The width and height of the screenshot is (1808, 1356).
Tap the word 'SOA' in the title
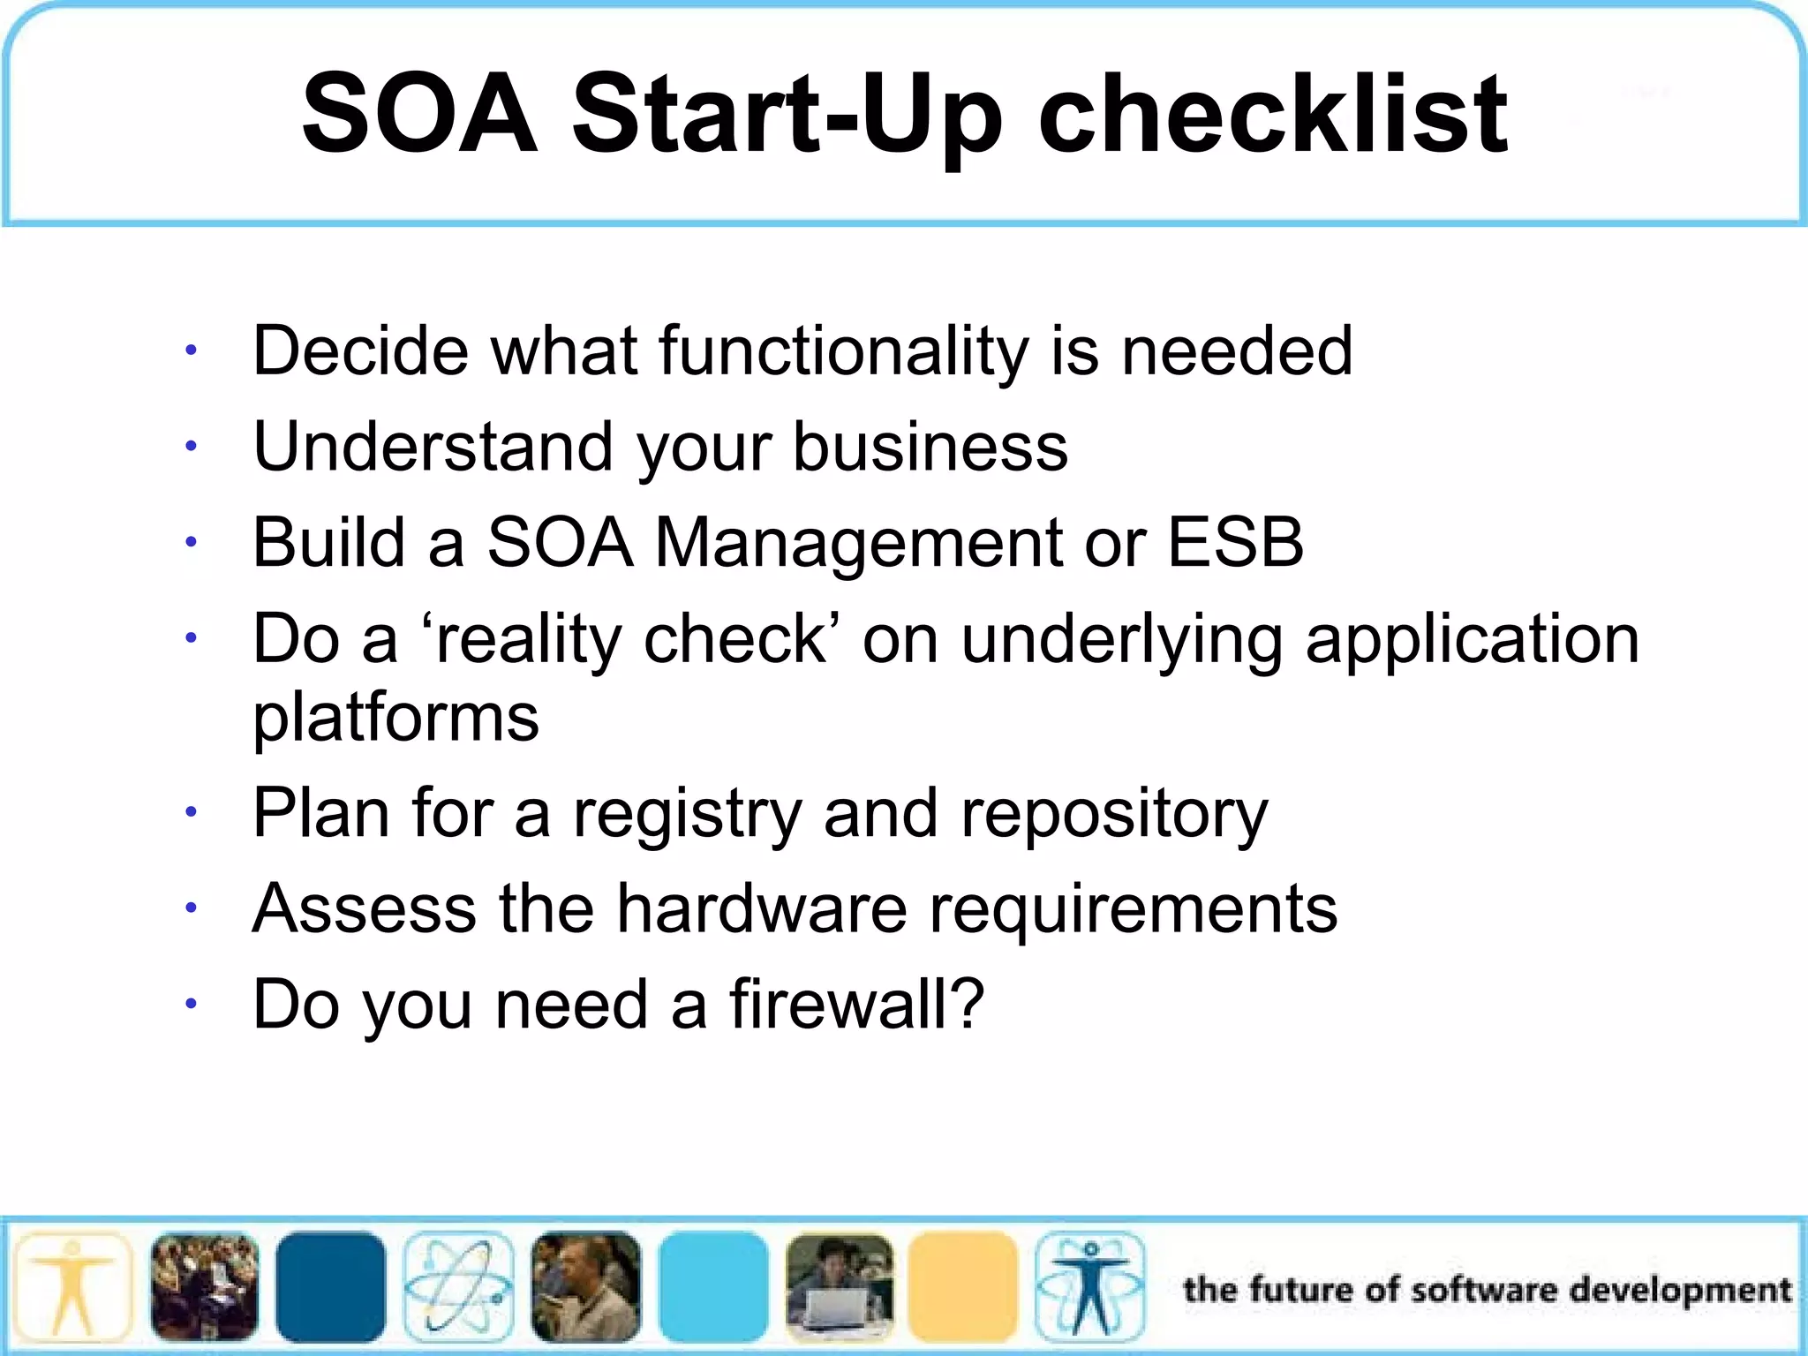click(x=419, y=115)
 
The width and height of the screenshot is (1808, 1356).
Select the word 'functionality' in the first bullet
click(x=843, y=351)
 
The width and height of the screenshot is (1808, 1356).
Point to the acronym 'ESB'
click(x=1235, y=541)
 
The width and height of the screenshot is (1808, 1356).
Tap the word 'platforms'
click(x=395, y=717)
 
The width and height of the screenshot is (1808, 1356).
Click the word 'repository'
click(x=1114, y=814)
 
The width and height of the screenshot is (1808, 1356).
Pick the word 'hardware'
click(x=761, y=908)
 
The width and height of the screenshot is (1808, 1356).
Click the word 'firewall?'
click(x=855, y=1004)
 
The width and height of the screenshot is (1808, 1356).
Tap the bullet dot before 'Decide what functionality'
click(x=190, y=351)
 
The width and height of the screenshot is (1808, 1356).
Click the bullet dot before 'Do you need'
click(x=190, y=1004)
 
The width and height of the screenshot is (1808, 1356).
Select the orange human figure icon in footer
click(x=73, y=1287)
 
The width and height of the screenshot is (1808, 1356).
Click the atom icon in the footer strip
click(x=458, y=1287)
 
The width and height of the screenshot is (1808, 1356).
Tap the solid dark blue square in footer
click(x=330, y=1287)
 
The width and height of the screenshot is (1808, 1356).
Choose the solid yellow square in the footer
click(x=963, y=1287)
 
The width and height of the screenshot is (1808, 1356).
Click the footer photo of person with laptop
click(x=839, y=1287)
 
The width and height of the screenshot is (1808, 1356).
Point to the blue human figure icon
click(x=1089, y=1287)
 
